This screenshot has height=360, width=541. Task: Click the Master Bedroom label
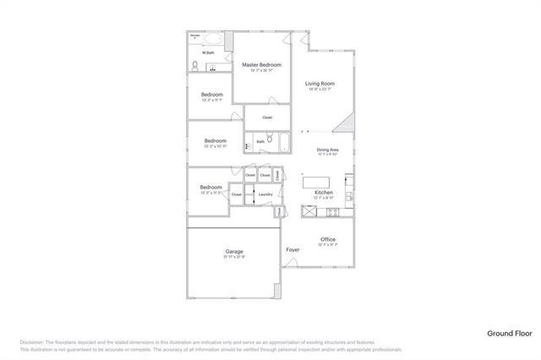click(x=261, y=65)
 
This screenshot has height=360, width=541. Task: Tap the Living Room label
click(x=320, y=84)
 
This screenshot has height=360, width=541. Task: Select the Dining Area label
click(x=327, y=150)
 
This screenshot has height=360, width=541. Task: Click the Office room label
click(x=327, y=239)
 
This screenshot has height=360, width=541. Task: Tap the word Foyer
click(x=293, y=250)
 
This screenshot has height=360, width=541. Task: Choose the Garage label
click(x=234, y=252)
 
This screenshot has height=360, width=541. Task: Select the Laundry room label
click(x=265, y=195)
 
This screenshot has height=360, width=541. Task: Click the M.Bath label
click(x=196, y=53)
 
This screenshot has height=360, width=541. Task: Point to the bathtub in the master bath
click(x=212, y=39)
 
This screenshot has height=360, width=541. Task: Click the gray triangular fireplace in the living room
click(x=345, y=125)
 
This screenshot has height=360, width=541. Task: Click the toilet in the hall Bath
click(x=270, y=139)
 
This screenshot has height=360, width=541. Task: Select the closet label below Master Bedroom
click(x=267, y=117)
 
